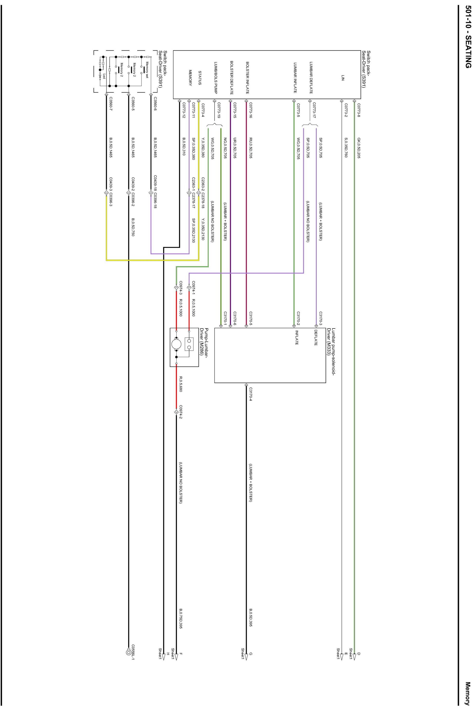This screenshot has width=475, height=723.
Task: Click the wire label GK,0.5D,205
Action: pos(359,148)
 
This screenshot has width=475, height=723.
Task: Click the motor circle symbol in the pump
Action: pos(176,344)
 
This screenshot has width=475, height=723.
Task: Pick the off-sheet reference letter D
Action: pos(359,653)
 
